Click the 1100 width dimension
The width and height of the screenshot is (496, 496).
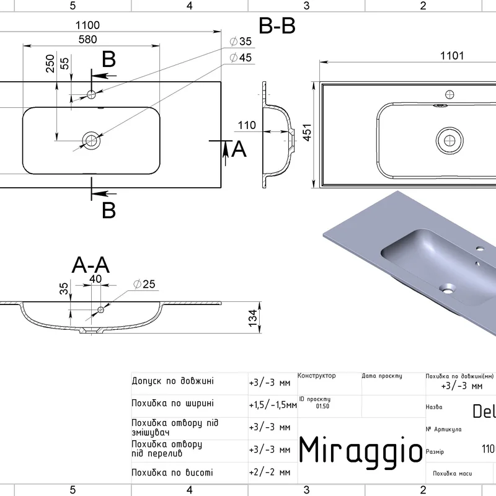87,25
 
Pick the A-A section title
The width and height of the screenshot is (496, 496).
91,265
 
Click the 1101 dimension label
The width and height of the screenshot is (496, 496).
453,56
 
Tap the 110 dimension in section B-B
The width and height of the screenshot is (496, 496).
246,126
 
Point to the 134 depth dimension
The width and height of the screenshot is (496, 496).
253,316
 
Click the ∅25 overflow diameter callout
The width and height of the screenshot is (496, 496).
144,285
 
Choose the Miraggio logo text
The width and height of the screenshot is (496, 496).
361,449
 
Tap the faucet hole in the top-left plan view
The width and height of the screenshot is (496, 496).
92,94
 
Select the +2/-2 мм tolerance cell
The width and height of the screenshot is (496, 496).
269,472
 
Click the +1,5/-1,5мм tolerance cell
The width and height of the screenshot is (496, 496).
272,405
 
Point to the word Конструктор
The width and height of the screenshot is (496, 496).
317,376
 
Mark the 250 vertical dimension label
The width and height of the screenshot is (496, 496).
50,64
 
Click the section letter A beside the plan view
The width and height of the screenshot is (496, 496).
239,149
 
